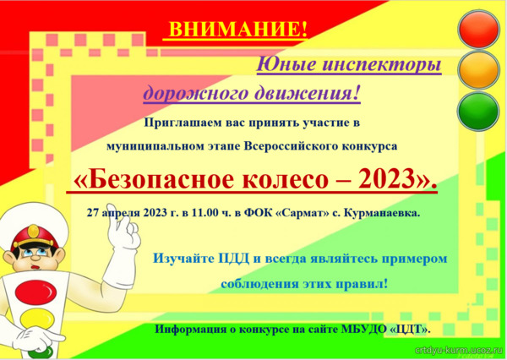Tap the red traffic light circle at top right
pyautogui.click(x=479, y=30)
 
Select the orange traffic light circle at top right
pyautogui.click(x=479, y=70)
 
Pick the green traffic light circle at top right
pyautogui.click(x=479, y=112)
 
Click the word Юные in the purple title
pyautogui.click(x=286, y=63)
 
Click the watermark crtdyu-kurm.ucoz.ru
pyautogui.click(x=458, y=351)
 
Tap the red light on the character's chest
pyautogui.click(x=35, y=292)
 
